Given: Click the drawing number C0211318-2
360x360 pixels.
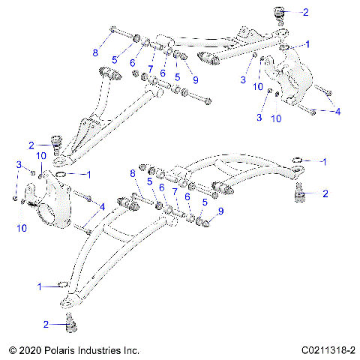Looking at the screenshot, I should point(328,349).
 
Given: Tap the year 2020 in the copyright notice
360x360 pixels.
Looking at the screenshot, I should point(30,349).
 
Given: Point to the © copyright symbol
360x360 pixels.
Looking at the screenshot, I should point(10,349).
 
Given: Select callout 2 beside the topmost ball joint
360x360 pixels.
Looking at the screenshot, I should point(305,12).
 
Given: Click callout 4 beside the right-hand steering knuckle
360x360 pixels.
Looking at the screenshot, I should point(337,110).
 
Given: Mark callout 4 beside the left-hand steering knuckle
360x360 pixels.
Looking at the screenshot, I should point(102,205).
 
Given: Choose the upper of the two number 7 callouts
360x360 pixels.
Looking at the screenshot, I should point(150,68).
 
